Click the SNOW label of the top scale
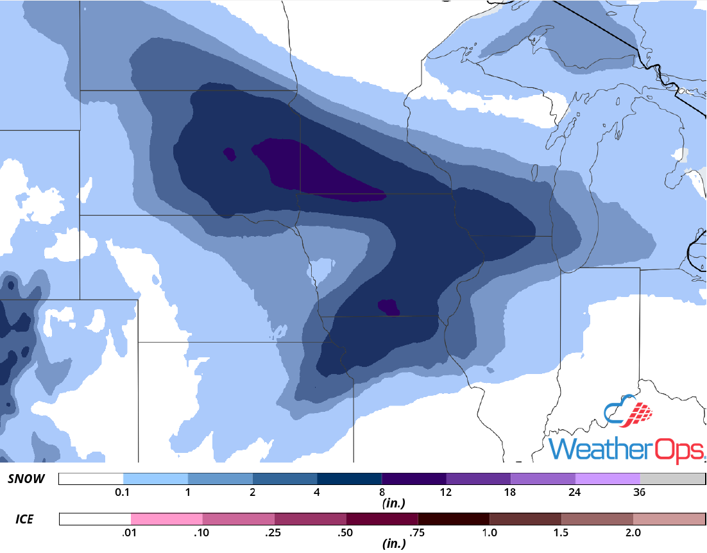pyautogui.click(x=26, y=479)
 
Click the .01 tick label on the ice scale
pyautogui.click(x=131, y=532)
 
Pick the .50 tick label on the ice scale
pyautogui.click(x=346, y=532)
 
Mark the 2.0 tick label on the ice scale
pyautogui.click(x=633, y=532)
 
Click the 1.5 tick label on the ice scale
pyautogui.click(x=561, y=532)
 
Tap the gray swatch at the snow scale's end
pyautogui.click(x=672, y=479)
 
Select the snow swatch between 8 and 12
pyautogui.click(x=414, y=479)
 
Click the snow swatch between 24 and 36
pyautogui.click(x=608, y=479)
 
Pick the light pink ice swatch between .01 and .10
pyautogui.click(x=167, y=519)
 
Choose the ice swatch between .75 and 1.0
pyautogui.click(x=453, y=519)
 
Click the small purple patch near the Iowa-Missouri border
pyautogui.click(x=389, y=307)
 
